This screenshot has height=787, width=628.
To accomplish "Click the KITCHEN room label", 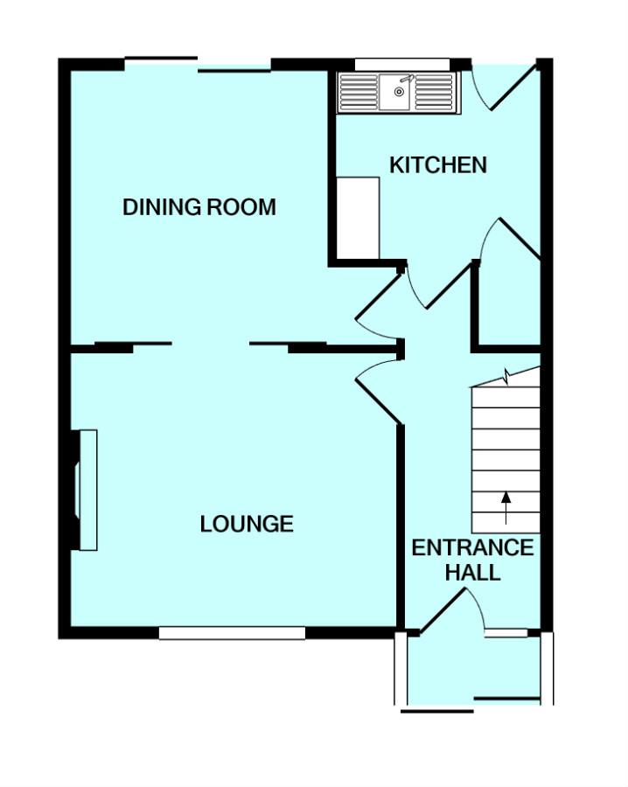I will [x=437, y=165].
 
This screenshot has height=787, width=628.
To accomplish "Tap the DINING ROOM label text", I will [x=199, y=207].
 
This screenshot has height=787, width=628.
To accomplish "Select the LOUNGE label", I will [x=246, y=524].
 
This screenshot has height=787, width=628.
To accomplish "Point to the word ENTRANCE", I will [x=472, y=548].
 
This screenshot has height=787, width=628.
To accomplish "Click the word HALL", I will [x=472, y=574].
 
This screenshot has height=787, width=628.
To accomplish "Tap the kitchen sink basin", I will [x=398, y=92].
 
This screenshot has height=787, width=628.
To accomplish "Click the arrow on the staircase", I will [x=506, y=507].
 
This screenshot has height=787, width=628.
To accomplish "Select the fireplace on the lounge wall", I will [x=86, y=490].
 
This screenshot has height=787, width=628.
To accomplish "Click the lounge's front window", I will [x=232, y=633].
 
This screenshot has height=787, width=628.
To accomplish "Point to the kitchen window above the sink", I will [x=401, y=63].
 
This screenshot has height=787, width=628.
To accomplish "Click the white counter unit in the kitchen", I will [x=358, y=218].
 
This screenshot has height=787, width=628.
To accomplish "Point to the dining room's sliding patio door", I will [x=199, y=64].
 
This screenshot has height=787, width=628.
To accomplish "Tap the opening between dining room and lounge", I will [x=210, y=346].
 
